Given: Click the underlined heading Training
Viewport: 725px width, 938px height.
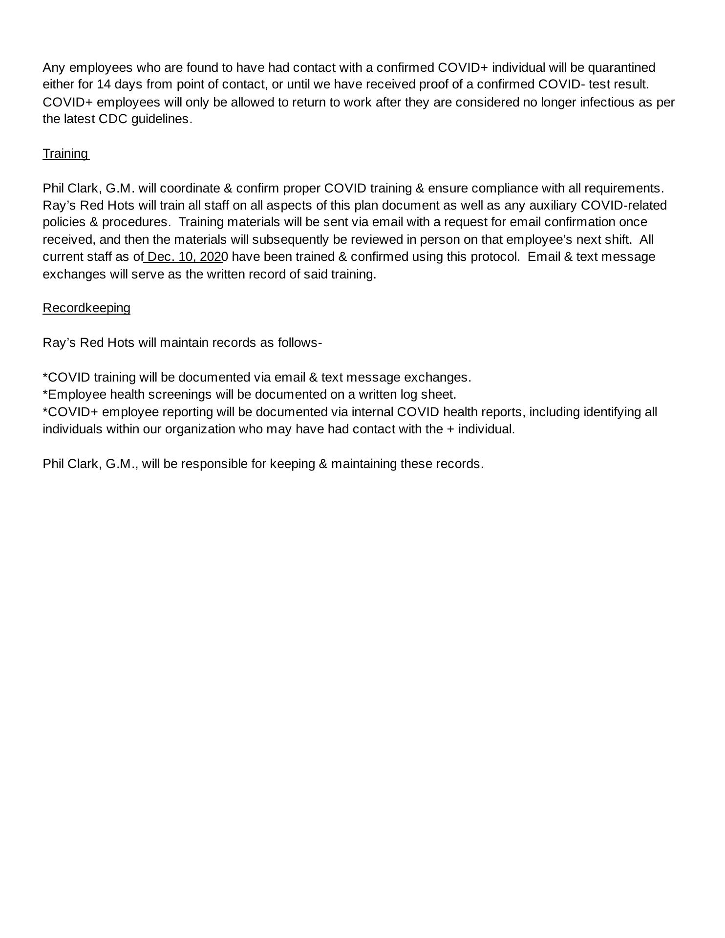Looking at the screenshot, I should click(x=65, y=154).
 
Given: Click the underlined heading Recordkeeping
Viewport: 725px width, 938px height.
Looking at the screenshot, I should click(x=86, y=308).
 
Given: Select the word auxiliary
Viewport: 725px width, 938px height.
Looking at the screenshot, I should click(x=553, y=205).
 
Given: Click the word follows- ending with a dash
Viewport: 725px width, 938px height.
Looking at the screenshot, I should click(x=299, y=343).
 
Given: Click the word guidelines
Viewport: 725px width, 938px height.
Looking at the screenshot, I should click(x=162, y=119).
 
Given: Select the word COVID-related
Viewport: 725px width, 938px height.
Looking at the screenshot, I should click(x=624, y=205).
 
